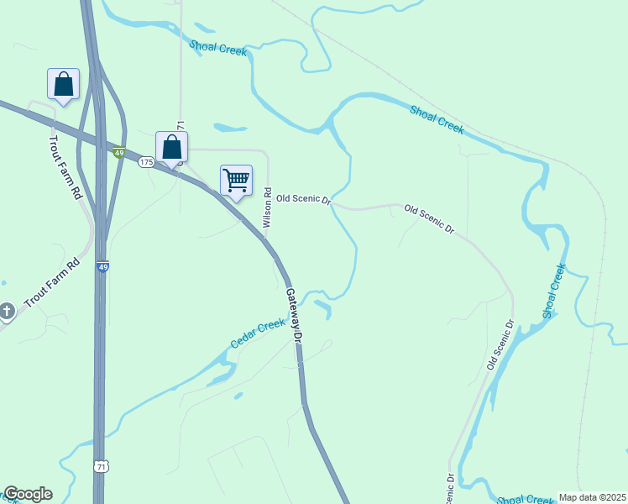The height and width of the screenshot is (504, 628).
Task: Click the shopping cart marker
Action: tap(236, 180)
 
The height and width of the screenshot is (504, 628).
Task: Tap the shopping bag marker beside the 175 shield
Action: tap(171, 147)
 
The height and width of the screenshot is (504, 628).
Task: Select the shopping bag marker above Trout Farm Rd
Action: tap(63, 84)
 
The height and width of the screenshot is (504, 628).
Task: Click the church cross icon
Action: tap(7, 312)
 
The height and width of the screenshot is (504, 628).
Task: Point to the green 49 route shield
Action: tap(119, 153)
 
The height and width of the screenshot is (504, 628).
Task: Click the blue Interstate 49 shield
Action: tap(102, 266)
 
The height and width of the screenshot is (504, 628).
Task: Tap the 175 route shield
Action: tap(146, 161)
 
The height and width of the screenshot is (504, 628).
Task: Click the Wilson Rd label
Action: tap(267, 207)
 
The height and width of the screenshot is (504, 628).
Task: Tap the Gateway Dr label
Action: tap(293, 315)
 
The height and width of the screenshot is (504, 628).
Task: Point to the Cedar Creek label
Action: tap(259, 333)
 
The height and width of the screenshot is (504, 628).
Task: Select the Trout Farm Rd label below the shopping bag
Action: tap(64, 167)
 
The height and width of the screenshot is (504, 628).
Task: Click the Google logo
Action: tap(28, 494)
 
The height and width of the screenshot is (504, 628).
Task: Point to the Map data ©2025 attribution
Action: tap(592, 497)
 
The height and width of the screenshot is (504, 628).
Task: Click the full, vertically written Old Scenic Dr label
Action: tap(500, 345)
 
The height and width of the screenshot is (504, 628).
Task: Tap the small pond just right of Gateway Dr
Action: tap(324, 311)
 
